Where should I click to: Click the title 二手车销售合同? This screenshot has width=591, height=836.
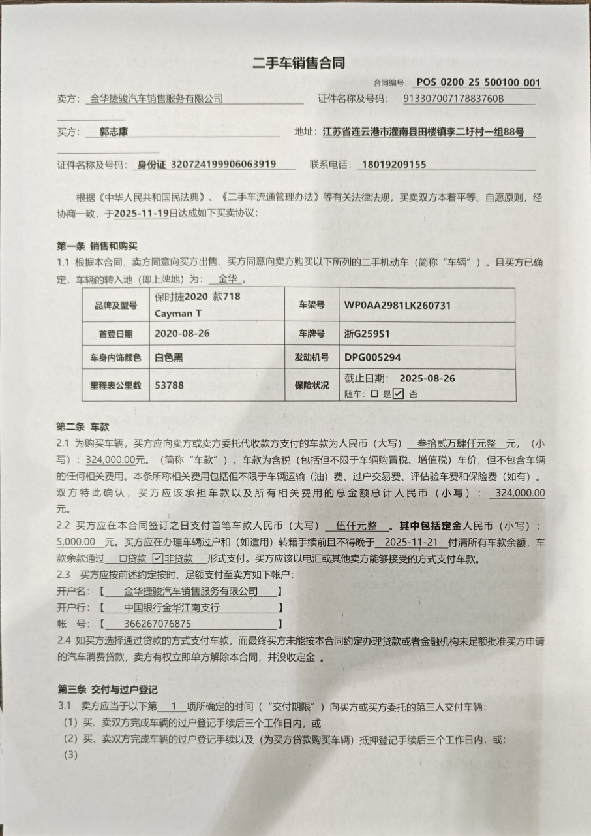click(298, 63)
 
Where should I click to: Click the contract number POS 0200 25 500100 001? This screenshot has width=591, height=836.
click(478, 82)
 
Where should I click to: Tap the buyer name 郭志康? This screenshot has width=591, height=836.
click(114, 131)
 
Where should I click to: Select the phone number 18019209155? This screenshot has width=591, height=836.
click(393, 165)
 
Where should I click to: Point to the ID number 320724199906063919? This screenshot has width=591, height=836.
click(222, 165)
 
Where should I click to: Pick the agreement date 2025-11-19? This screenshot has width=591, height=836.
click(141, 214)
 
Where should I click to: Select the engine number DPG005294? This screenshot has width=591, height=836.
click(372, 357)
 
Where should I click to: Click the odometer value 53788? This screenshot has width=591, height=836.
click(169, 385)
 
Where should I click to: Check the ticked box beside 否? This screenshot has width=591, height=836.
click(399, 394)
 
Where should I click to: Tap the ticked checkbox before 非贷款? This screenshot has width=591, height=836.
click(157, 558)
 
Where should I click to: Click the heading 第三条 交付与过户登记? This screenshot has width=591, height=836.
click(107, 689)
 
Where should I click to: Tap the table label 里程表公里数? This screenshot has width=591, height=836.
click(116, 385)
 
